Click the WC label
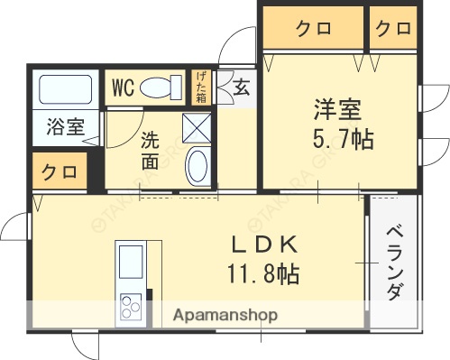[x=124, y=88]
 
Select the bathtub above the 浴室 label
[x=64, y=91]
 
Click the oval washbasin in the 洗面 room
[x=197, y=167]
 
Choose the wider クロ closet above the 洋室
[x=312, y=29]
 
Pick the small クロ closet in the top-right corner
[x=393, y=29]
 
